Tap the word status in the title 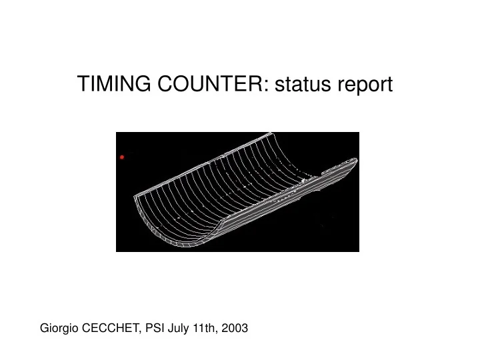[303, 85]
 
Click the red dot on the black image [122, 157]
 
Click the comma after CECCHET [140, 331]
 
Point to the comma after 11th [215, 331]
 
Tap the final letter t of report [390, 85]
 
